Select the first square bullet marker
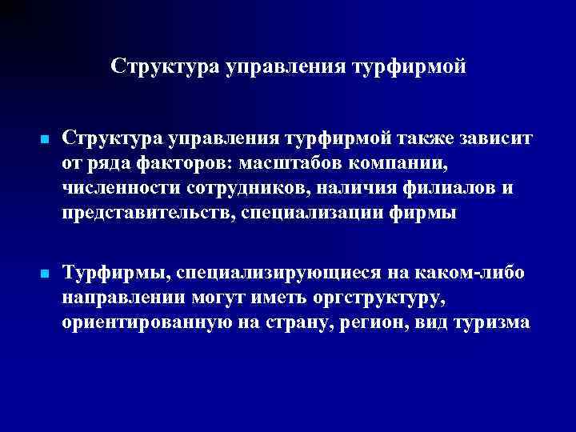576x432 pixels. (45, 140)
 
